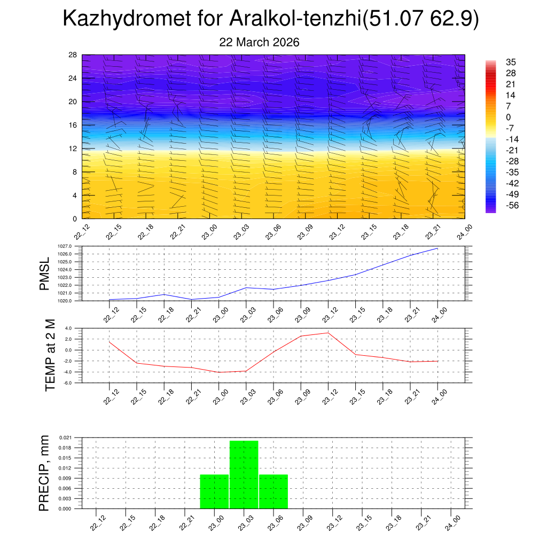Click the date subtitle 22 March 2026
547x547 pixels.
(259, 43)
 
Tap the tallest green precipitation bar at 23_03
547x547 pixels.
(244, 474)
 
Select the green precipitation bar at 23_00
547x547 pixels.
(214, 491)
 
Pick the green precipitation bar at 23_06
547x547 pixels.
(273, 491)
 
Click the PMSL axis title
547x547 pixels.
(44, 273)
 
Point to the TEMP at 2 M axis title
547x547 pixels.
(51, 355)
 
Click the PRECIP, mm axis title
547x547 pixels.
(44, 473)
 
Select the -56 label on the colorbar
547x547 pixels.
(512, 205)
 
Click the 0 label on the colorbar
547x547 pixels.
(509, 117)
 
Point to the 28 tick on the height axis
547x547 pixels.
(73, 55)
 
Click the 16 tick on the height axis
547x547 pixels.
(73, 125)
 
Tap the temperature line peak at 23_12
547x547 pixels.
(328, 333)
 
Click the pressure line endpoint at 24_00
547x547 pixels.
(438, 248)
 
